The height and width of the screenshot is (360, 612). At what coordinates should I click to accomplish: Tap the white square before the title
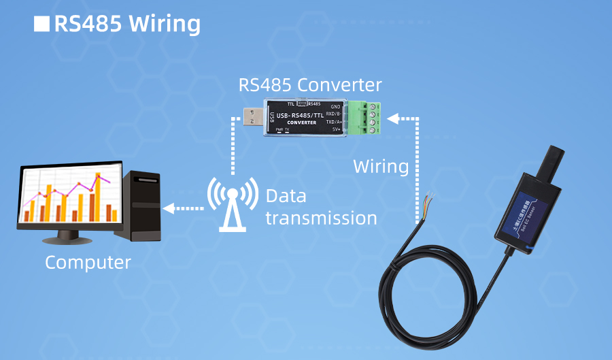41,24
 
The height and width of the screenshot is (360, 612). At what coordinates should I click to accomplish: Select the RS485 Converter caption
310,85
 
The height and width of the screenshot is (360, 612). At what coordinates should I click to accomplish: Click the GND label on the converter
335,107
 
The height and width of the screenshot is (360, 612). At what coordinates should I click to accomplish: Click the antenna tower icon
233,203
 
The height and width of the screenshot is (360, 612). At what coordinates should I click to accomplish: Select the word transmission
321,218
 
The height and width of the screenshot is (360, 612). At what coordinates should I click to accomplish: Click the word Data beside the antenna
286,197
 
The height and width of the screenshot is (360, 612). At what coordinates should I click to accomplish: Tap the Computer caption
88,262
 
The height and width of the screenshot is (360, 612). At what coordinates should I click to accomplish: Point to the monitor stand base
67,238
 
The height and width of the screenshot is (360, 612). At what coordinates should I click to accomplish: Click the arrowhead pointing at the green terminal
392,119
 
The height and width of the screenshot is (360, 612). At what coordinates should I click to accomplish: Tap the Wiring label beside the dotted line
381,166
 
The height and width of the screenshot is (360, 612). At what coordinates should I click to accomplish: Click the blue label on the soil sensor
530,212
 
